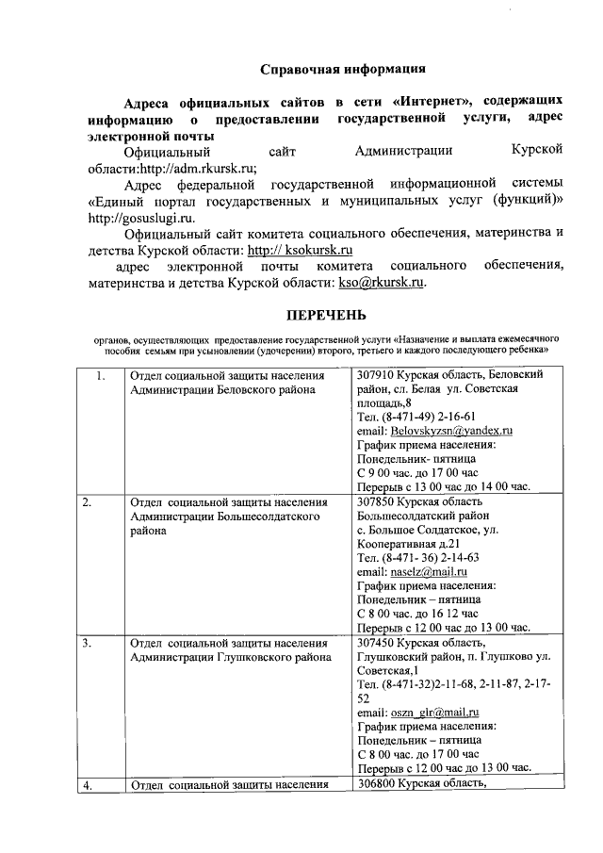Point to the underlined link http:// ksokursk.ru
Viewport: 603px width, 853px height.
click(300, 251)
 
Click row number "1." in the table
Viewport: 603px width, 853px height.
click(101, 376)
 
